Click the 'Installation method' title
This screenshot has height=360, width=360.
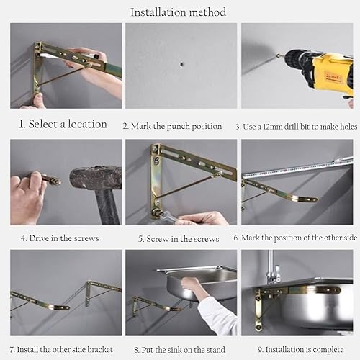[x=178, y=12]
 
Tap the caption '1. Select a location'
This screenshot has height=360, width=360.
[x=63, y=124]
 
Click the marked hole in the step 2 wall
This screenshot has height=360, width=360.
[x=182, y=64]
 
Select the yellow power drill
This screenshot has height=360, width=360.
[x=318, y=70]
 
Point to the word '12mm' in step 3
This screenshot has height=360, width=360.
[x=273, y=127]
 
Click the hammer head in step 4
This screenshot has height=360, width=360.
[x=96, y=178]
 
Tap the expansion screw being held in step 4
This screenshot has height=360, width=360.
[x=51, y=179]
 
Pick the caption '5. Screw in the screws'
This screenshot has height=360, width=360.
[x=179, y=239]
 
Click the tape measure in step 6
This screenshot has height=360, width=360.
[x=297, y=168]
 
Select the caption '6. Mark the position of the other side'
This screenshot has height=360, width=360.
[x=295, y=238]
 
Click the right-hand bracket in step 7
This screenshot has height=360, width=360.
[x=104, y=292]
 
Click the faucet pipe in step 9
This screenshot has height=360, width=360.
[x=271, y=264]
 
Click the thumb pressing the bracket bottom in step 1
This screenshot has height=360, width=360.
[x=38, y=100]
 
